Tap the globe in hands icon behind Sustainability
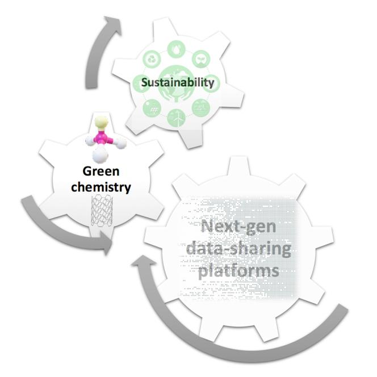click(x=178, y=81)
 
